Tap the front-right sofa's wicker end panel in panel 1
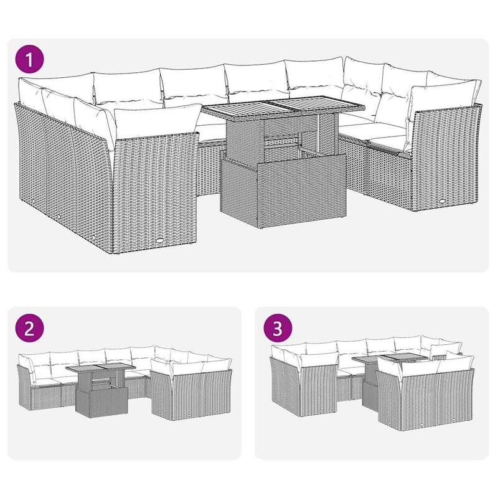pyautogui.click(x=444, y=162)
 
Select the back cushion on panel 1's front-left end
pyautogui.click(x=153, y=125)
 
